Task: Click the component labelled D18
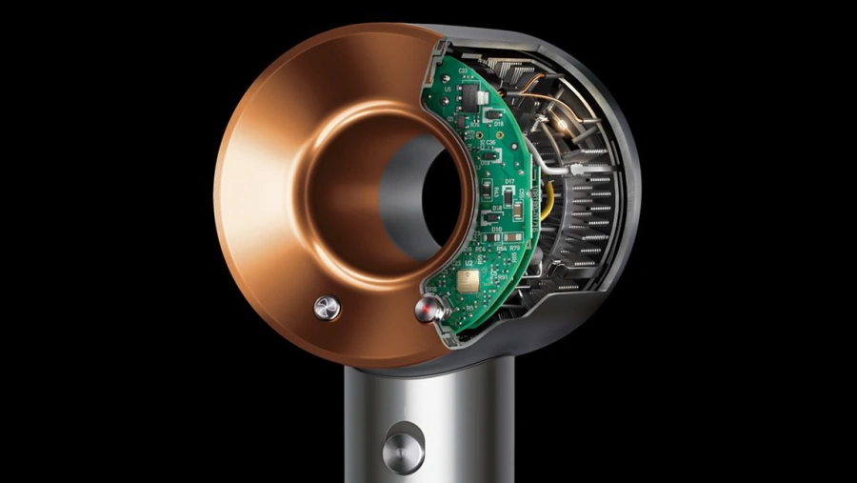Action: pyautogui.click(x=496, y=208)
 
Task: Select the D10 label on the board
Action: pyautogui.click(x=496, y=230)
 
